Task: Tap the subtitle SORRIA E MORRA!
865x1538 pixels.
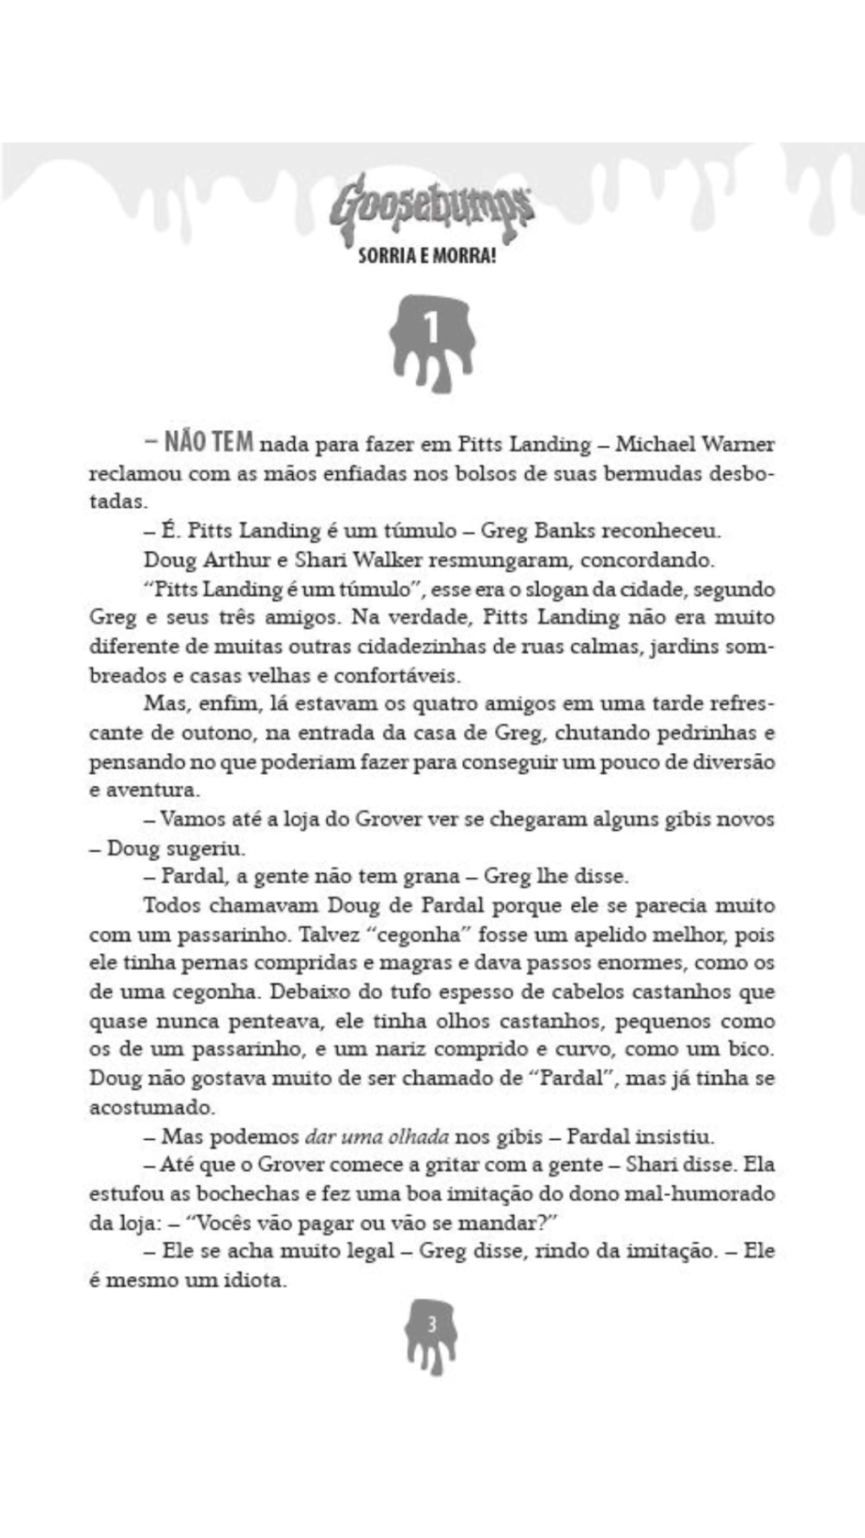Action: (427, 256)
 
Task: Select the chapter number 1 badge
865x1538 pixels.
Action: (432, 338)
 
